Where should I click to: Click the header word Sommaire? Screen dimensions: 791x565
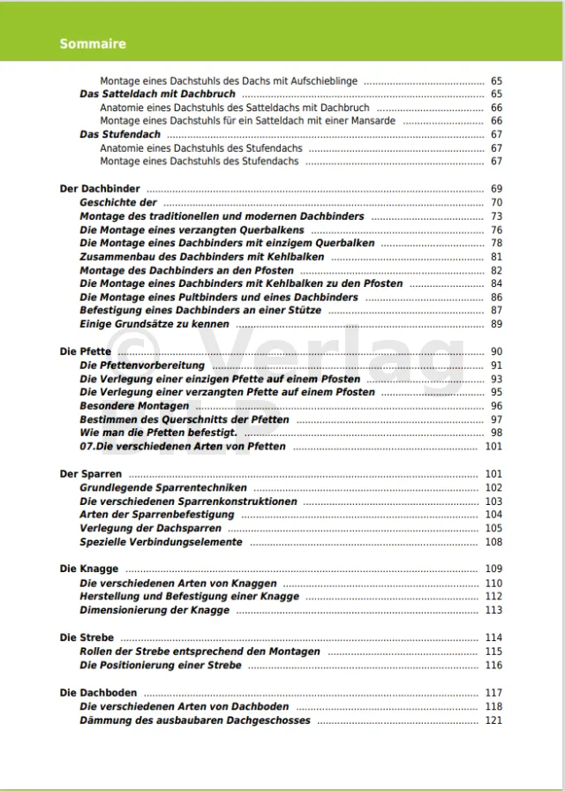(93, 43)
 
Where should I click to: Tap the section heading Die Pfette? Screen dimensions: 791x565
(86, 351)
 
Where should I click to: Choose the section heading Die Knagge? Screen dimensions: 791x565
(89, 569)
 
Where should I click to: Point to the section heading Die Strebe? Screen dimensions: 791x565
(87, 637)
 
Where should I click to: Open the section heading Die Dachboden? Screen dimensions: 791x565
(98, 693)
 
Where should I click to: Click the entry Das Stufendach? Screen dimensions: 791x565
(120, 134)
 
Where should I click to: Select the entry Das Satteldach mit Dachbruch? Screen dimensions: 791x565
(157, 94)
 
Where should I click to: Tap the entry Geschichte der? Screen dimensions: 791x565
(118, 202)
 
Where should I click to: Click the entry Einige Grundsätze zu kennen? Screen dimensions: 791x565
(154, 324)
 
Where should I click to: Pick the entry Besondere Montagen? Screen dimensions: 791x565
(134, 406)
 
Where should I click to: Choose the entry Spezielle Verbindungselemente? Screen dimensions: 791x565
(161, 542)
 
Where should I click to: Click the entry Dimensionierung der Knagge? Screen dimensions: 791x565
(154, 610)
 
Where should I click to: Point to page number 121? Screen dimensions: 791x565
(493, 720)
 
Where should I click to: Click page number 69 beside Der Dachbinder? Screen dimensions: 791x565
(496, 189)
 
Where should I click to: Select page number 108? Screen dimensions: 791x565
(493, 542)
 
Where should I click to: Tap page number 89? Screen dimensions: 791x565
(496, 324)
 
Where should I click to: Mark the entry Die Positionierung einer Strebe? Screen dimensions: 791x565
(160, 666)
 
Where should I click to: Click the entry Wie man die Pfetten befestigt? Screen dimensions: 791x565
(158, 433)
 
